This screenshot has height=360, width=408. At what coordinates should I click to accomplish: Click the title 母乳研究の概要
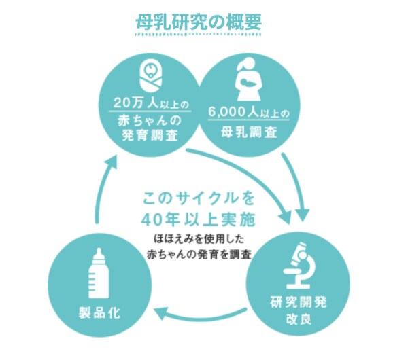pyautogui.click(x=199, y=22)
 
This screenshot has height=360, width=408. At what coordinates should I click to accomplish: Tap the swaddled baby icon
pyautogui.click(x=150, y=75)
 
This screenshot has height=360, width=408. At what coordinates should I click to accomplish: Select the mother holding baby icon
pyautogui.click(x=248, y=79)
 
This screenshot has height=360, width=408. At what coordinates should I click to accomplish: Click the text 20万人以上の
pyautogui.click(x=151, y=103)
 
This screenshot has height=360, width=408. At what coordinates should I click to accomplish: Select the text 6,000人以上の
pyautogui.click(x=249, y=112)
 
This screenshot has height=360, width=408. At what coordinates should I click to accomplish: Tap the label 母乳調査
pyautogui.click(x=249, y=132)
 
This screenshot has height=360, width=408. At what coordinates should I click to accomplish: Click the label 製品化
pyautogui.click(x=99, y=312)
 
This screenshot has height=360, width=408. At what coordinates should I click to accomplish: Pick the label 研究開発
pyautogui.click(x=299, y=302)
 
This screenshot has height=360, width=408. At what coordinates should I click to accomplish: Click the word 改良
pyautogui.click(x=299, y=319)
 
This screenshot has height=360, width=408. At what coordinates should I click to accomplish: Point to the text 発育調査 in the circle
pyautogui.click(x=150, y=135)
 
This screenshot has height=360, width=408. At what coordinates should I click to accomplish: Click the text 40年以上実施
pyautogui.click(x=199, y=220)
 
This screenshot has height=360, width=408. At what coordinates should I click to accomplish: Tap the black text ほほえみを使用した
pyautogui.click(x=199, y=239)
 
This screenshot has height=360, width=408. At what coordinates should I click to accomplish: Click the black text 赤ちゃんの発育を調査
pyautogui.click(x=199, y=255)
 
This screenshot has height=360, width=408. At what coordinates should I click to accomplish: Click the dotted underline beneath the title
pyautogui.click(x=199, y=35)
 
